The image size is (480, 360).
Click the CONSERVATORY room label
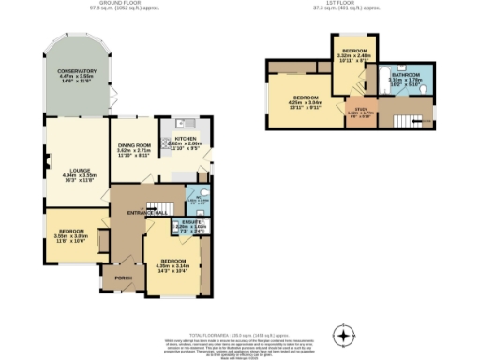(76, 72)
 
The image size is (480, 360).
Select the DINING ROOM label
(134, 145)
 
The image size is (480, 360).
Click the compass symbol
(345, 335)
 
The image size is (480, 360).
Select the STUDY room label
(360, 111)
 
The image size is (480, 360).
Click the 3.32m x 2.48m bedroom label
(354, 49)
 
